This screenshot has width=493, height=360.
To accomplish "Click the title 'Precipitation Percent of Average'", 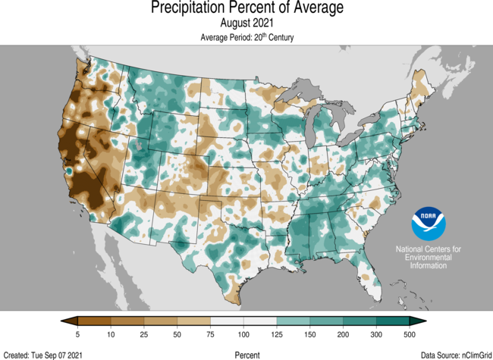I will point(246,8).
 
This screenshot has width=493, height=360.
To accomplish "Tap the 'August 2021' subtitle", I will point(246,23).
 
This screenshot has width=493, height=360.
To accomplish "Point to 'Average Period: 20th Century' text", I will point(246,37).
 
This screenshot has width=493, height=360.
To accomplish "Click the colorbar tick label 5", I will point(78,334).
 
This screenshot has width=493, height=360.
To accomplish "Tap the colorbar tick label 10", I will point(111,334).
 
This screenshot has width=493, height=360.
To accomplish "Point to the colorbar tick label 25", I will point(144,334).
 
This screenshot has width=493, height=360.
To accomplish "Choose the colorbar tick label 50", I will point(177,334).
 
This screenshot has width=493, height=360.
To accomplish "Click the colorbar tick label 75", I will point(211,334).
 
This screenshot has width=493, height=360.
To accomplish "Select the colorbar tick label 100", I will point(244,334).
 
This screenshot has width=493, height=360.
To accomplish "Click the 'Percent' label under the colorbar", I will point(246,354).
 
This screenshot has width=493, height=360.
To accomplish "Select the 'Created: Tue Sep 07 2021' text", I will point(43,354).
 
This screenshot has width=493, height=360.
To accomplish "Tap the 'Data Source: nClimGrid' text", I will point(454,354).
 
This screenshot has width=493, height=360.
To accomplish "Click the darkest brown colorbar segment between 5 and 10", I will point(95,321).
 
